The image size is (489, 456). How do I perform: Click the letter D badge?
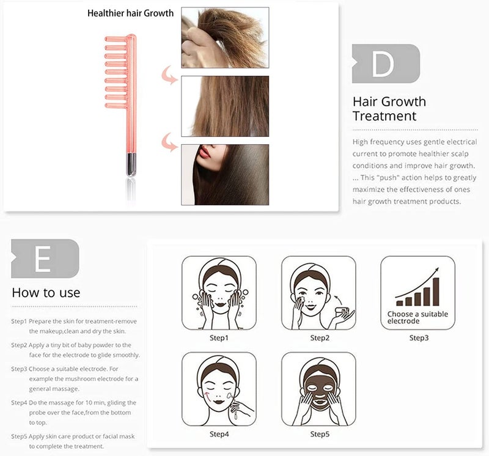[x=386, y=64]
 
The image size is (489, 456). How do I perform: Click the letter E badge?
[x=45, y=259]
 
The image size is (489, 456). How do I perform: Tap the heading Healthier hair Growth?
[x=130, y=13]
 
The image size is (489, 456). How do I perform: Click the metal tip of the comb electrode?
[x=131, y=164]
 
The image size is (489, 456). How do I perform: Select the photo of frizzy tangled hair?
[x=225, y=38]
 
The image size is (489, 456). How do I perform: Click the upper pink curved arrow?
[x=169, y=75]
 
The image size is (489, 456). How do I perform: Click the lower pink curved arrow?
[x=169, y=142]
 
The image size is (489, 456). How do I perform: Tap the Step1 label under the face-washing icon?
[x=219, y=338]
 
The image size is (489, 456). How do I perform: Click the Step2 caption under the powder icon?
[x=320, y=338]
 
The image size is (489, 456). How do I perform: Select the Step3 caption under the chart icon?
[x=419, y=338]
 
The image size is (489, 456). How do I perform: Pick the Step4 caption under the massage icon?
[x=219, y=434]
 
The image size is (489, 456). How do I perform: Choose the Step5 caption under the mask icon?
[x=320, y=434]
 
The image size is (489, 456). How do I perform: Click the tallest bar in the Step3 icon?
[x=436, y=292]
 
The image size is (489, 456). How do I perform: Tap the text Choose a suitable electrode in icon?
[x=417, y=317]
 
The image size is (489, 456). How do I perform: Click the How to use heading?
[x=46, y=293]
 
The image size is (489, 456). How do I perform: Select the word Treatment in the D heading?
[x=384, y=116]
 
